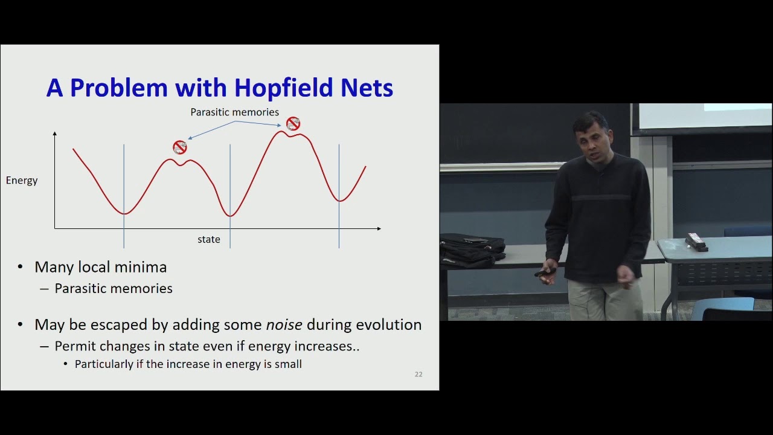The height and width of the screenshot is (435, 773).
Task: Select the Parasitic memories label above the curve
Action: point(234,112)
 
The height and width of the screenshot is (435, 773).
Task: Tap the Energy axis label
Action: point(22,180)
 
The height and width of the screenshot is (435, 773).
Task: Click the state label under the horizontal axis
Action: point(209,240)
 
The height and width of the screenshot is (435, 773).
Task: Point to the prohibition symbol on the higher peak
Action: point(293,124)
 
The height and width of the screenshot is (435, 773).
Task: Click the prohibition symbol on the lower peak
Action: point(179,147)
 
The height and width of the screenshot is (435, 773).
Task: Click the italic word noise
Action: point(284,325)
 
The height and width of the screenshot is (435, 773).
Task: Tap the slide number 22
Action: point(419,375)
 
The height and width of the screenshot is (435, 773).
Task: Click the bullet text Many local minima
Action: point(100,267)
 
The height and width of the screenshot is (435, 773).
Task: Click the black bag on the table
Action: point(472,249)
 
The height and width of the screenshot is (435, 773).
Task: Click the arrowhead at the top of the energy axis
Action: point(55,134)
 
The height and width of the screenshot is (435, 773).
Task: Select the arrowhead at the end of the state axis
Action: point(379,228)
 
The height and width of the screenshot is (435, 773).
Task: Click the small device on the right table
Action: point(696,242)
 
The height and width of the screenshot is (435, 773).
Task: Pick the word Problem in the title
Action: point(118,88)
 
